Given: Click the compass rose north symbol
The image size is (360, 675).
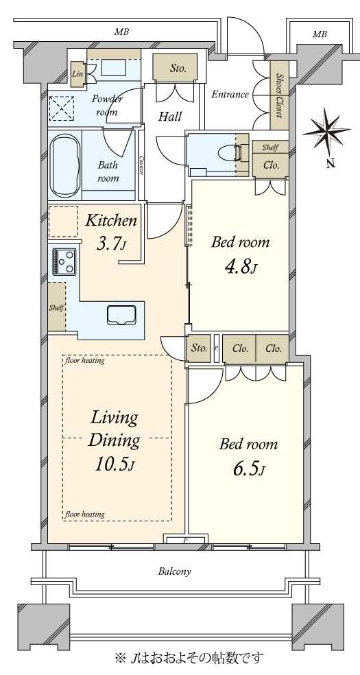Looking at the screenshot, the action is (x=327, y=131).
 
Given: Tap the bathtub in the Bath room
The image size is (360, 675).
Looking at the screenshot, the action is (x=65, y=165).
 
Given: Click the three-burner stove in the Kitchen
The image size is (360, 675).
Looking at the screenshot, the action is (x=64, y=261).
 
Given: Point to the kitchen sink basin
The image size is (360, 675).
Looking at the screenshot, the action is (x=122, y=316).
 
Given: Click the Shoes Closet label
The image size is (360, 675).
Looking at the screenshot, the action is (x=278, y=95).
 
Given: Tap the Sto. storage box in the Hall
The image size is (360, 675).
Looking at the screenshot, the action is (x=176, y=67).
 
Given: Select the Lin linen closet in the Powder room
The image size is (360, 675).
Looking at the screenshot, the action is (x=78, y=73).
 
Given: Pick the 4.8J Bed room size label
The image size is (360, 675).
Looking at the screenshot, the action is (x=241, y=268).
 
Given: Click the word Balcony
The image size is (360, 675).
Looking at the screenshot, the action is (x=174, y=571).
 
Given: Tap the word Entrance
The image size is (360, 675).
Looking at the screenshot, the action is (x=230, y=94).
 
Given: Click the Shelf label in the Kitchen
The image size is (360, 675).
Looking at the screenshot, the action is (x=56, y=307).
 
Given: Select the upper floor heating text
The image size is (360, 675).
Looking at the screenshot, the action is (x=85, y=360).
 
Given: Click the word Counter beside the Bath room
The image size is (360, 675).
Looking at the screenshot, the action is (x=141, y=165).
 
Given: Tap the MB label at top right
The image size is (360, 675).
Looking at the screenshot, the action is (x=320, y=34).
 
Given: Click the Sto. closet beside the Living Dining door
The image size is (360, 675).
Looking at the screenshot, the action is (x=199, y=348).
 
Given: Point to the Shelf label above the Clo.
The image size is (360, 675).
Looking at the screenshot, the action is (x=269, y=147).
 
